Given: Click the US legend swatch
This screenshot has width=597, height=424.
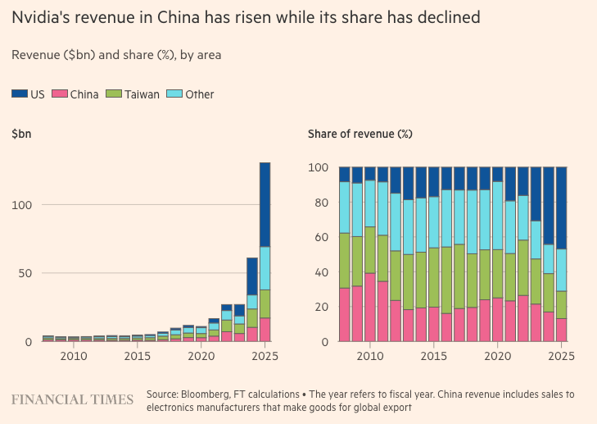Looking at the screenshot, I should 20,94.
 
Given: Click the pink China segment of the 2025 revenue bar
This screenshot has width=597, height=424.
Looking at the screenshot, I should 265,329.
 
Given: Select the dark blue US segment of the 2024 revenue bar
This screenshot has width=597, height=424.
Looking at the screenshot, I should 252,276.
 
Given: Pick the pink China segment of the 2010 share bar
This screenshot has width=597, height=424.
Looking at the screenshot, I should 370,308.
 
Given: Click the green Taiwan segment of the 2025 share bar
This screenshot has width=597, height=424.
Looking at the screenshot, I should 560,304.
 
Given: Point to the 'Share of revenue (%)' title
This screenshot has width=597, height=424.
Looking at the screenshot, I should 360,134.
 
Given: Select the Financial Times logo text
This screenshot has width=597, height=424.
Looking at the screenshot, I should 72,399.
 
